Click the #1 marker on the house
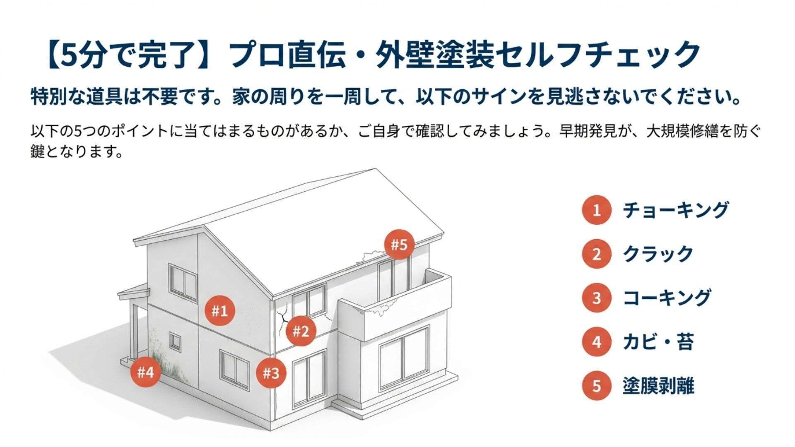tap(220, 311)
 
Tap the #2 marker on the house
tap(301, 331)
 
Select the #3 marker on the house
tap(271, 373)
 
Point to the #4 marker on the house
tap(145, 372)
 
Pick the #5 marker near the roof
tap(400, 245)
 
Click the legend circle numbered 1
tap(596, 210)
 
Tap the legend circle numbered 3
tap(596, 298)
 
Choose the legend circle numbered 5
tap(596, 386)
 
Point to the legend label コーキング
tap(667, 298)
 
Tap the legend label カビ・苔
tap(658, 342)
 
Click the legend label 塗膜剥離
tap(658, 386)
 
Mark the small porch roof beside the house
tap(133, 292)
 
